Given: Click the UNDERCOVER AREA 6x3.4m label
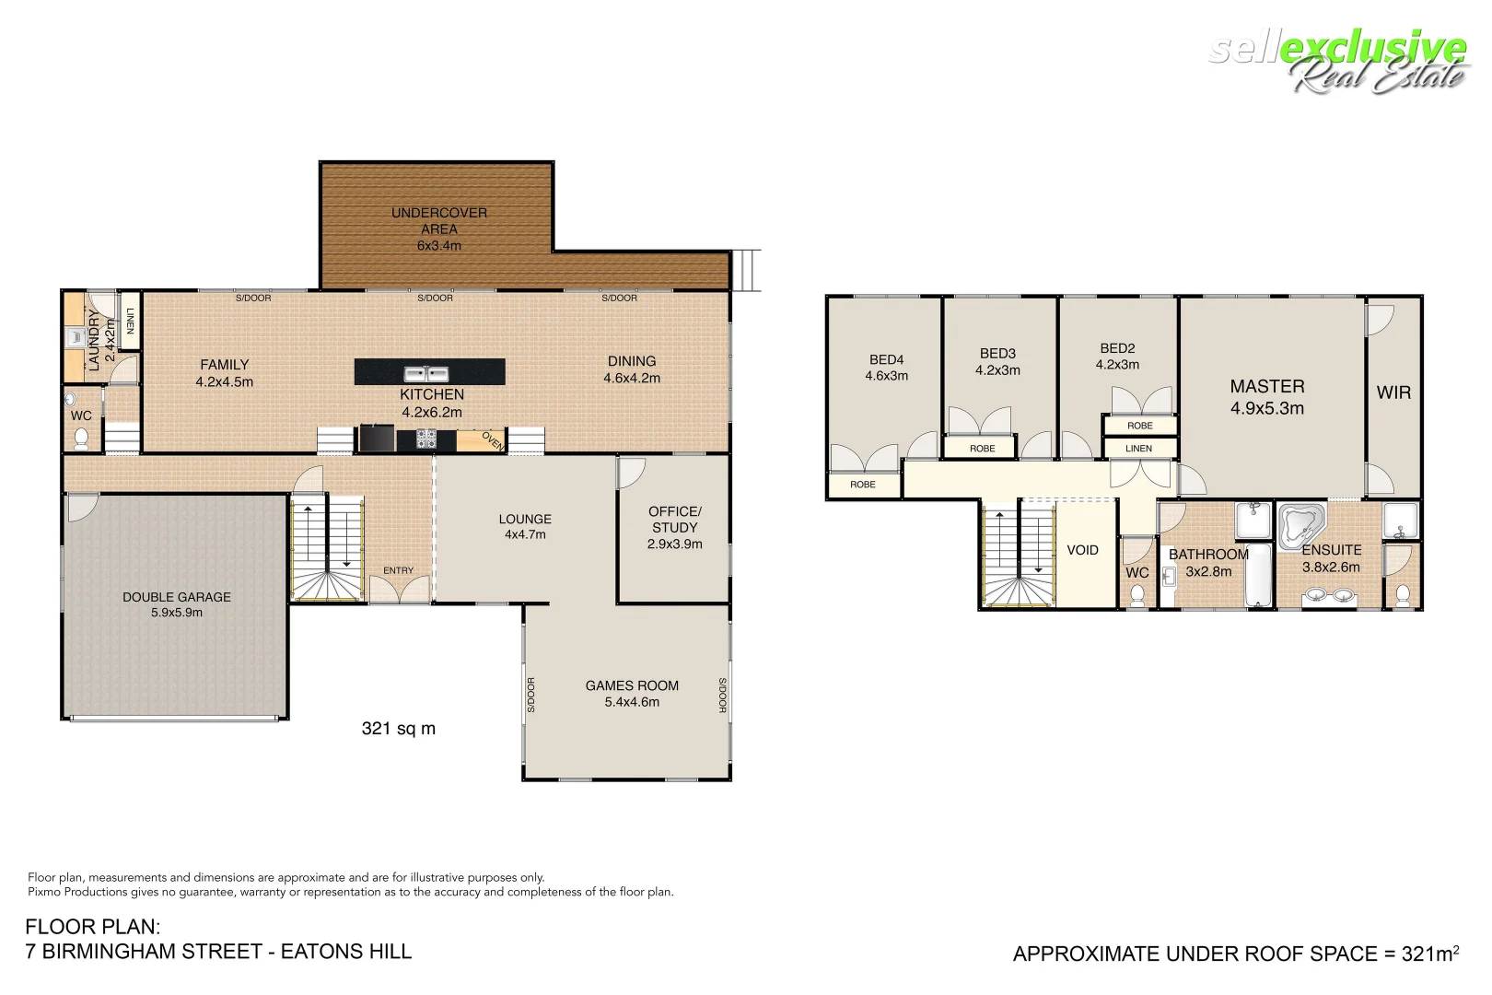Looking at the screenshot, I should click(439, 228).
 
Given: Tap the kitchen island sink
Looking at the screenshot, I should click(425, 373).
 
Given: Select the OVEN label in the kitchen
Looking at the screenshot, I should click(493, 441).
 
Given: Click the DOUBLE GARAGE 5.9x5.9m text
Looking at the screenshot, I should click(177, 604).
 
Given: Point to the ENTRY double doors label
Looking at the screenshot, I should click(399, 571).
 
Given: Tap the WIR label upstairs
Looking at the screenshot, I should click(1393, 392).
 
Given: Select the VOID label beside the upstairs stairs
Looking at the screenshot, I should click(1082, 550).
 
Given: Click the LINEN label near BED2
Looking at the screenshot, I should click(1139, 449).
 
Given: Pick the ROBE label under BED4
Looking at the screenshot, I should click(863, 485).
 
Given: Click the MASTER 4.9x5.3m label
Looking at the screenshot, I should click(1267, 397).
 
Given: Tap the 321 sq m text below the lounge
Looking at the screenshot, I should click(399, 729).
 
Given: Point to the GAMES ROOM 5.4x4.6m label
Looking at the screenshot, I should click(632, 694).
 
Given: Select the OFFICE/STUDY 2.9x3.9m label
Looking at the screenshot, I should click(674, 527).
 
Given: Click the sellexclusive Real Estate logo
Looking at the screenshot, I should click(1339, 61).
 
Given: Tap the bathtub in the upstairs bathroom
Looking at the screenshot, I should click(1258, 575).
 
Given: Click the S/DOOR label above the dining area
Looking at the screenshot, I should click(619, 298).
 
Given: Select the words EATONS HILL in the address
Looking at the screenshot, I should click(346, 952).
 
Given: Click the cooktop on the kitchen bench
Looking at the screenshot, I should click(426, 439).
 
